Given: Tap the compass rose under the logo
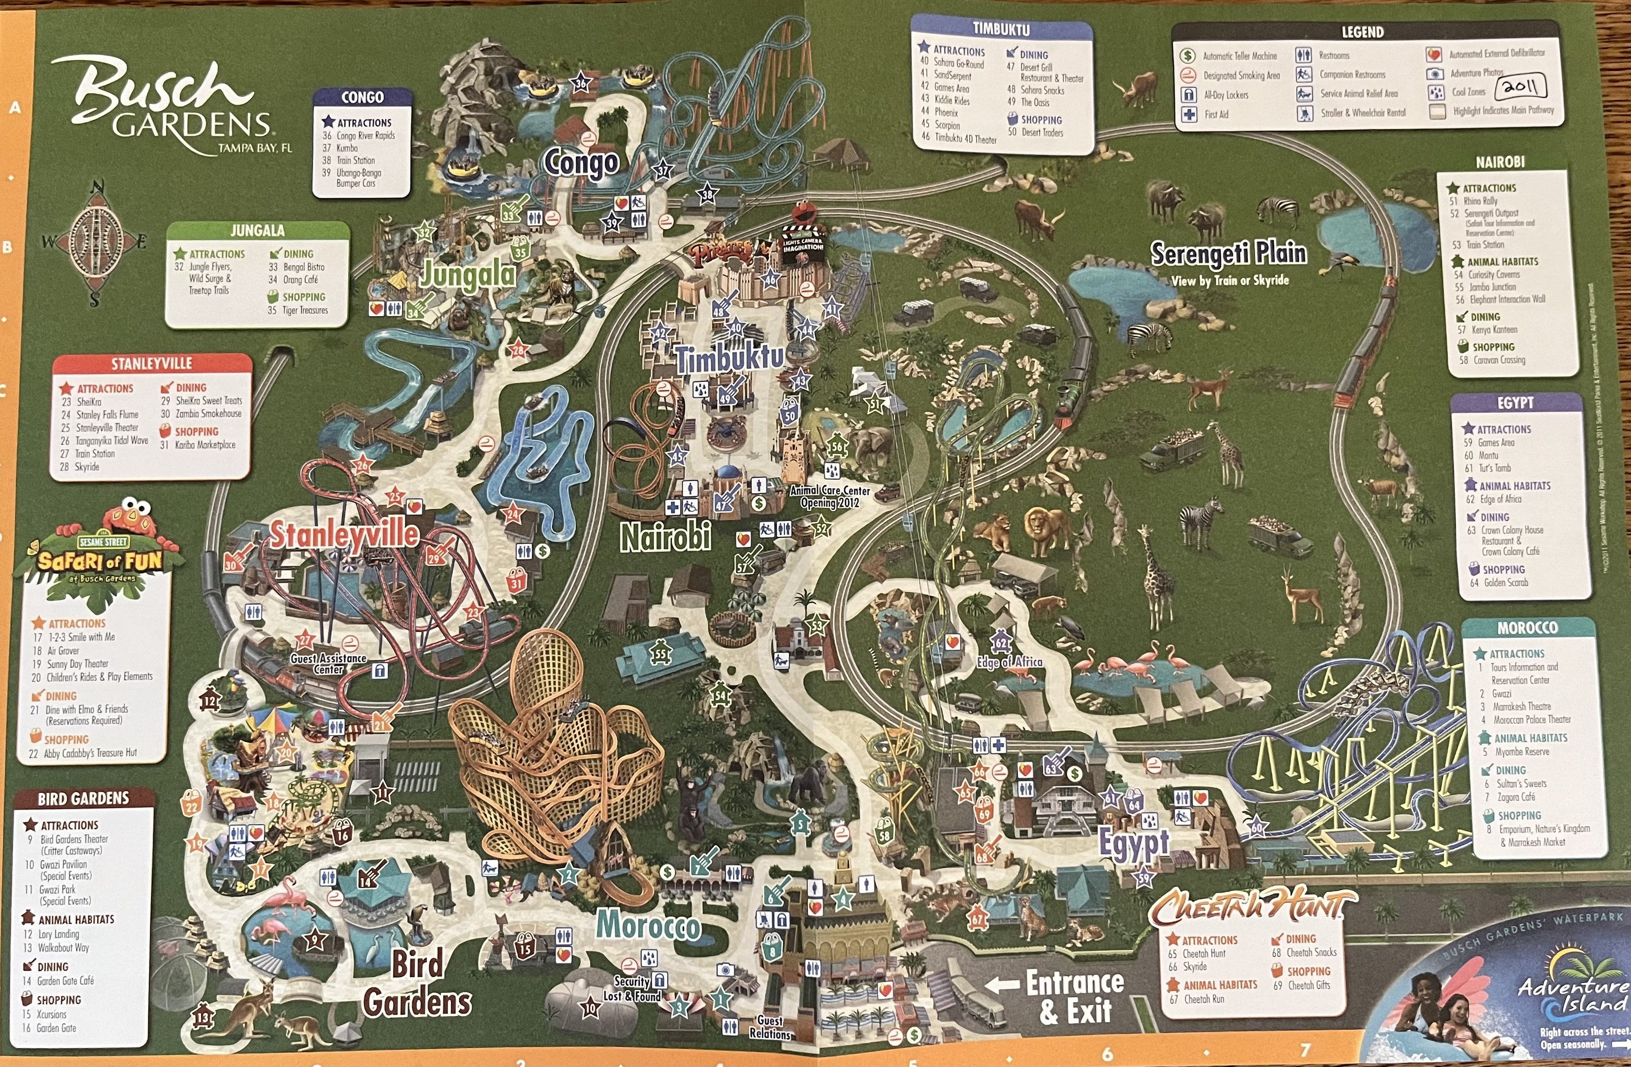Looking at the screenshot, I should click(95, 243).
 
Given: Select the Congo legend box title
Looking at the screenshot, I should click(363, 97).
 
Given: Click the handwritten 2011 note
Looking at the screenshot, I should click(1520, 87).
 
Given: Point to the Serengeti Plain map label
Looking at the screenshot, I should click(1228, 253).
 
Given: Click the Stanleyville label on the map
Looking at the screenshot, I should click(343, 534).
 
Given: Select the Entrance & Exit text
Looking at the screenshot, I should click(1074, 997).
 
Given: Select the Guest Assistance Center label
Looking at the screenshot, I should click(328, 663).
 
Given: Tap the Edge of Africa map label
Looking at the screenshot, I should click(1010, 662).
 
